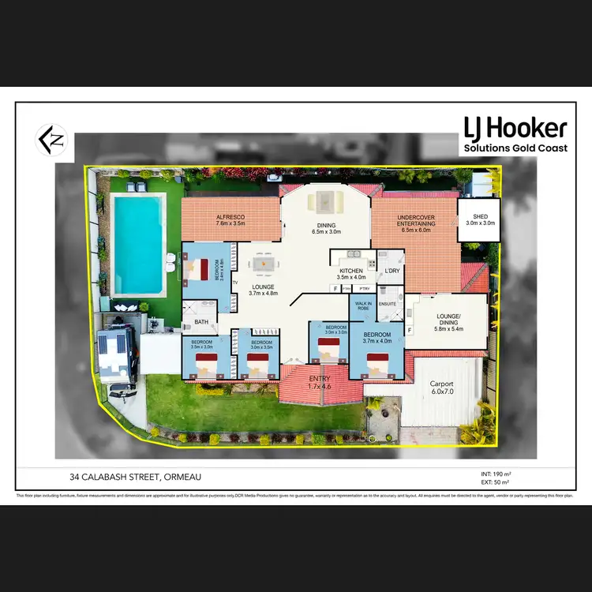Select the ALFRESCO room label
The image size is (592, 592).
[x=230, y=220]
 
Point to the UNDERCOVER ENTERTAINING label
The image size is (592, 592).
[x=414, y=221]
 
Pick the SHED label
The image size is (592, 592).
[x=480, y=219]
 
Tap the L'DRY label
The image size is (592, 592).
[x=391, y=272]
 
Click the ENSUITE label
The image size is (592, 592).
[x=387, y=303]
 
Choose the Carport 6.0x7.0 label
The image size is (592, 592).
[x=442, y=388]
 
